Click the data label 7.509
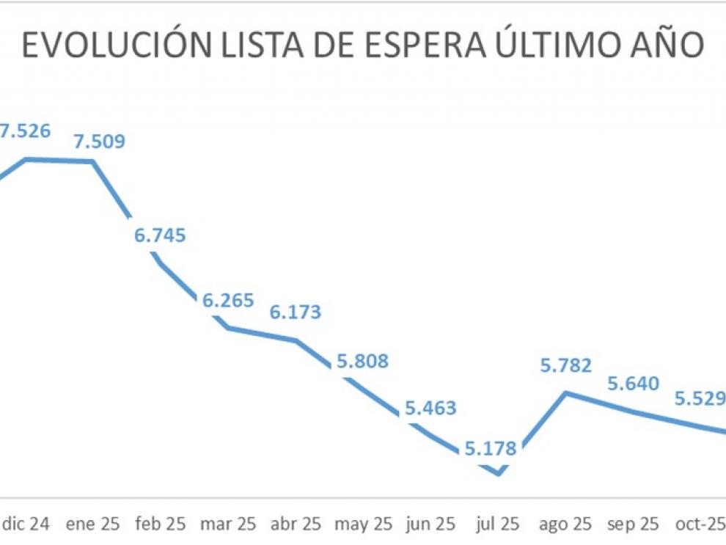click(x=99, y=141)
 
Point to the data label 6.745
click(x=160, y=235)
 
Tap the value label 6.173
click(x=296, y=312)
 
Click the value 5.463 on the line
click(x=430, y=408)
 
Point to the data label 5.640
click(x=633, y=383)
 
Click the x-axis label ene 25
click(x=92, y=524)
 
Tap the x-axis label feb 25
click(x=160, y=524)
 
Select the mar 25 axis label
click(x=227, y=524)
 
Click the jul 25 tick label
click(x=498, y=524)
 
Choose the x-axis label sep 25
click(x=633, y=524)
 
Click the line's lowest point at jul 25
click(x=499, y=474)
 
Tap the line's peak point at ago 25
click(x=565, y=393)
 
